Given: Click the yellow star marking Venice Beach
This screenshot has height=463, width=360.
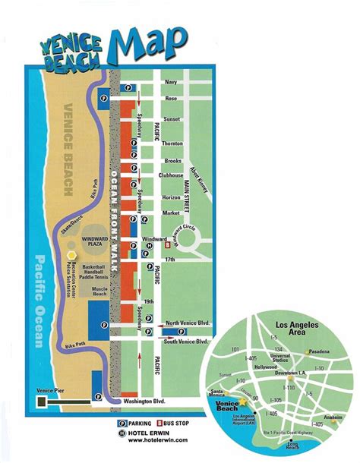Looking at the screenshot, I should click(x=242, y=400).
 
